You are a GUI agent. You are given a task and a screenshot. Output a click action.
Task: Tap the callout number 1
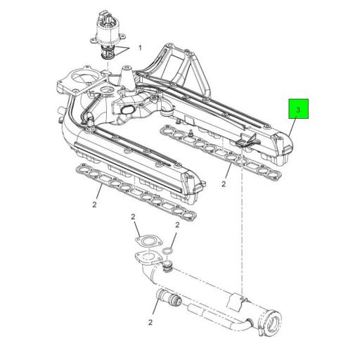pyautogui.click(x=139, y=49)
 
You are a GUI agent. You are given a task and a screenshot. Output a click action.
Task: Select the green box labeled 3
pyautogui.click(x=297, y=110)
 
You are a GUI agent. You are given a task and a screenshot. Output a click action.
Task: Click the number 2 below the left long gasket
pyautogui.click(x=94, y=205)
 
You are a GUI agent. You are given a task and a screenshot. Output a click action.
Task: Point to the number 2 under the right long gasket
pyautogui.click(x=222, y=184)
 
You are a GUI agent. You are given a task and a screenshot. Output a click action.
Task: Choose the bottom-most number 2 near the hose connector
pyautogui.click(x=150, y=323)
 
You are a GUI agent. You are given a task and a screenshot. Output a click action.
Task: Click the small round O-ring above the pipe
pyautogui.click(x=167, y=250)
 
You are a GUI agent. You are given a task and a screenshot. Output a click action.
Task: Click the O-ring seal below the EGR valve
pyautogui.click(x=108, y=53)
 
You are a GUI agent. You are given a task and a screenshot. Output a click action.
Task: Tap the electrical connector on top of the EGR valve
pyautogui.click(x=105, y=15)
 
